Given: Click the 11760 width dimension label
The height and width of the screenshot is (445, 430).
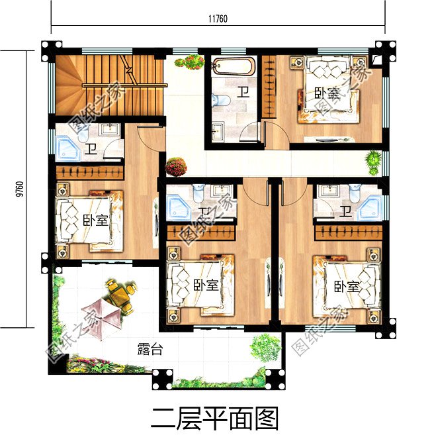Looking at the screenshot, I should [218, 19].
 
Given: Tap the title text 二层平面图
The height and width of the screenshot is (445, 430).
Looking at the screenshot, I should [215, 419].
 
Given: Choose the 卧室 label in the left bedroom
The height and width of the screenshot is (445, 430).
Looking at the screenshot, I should [95, 221].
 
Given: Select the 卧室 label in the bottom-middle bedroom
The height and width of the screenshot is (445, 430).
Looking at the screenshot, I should [206, 285].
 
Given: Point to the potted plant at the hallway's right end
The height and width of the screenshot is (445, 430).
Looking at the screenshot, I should [374, 160].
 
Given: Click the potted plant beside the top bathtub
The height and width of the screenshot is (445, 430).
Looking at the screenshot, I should [190, 63].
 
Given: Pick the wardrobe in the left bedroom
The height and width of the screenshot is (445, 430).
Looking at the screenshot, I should [90, 173].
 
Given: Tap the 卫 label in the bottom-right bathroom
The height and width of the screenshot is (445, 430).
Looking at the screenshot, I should [345, 211].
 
